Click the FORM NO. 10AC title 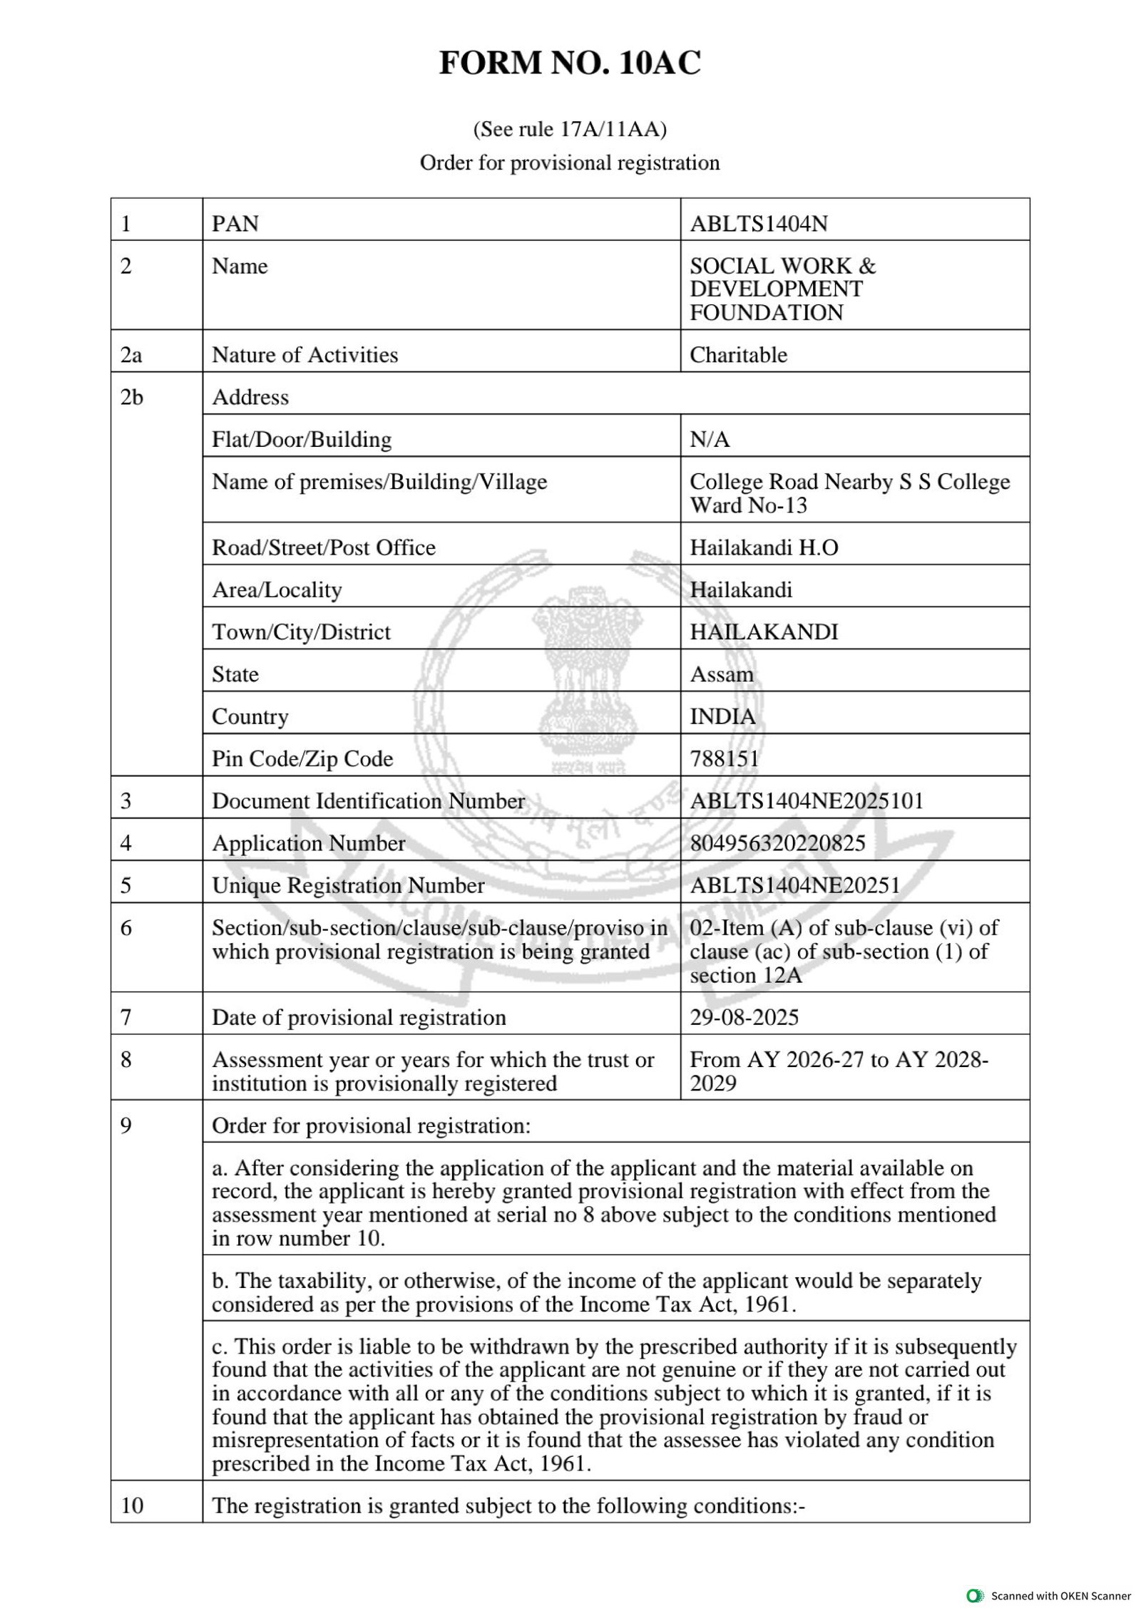pyautogui.click(x=570, y=63)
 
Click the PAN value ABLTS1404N pyautogui.click(x=758, y=224)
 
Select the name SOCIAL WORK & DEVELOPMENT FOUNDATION pyautogui.click(x=782, y=289)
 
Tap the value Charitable pyautogui.click(x=738, y=354)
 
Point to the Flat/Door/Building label pyautogui.click(x=302, y=439)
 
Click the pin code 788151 pyautogui.click(x=724, y=758)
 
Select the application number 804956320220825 pyautogui.click(x=777, y=842)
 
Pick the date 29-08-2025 pyautogui.click(x=744, y=1016)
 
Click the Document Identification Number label pyautogui.click(x=368, y=800)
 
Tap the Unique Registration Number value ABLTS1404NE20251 pyautogui.click(x=794, y=885)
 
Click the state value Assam pyautogui.click(x=721, y=674)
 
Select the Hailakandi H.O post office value pyautogui.click(x=764, y=547)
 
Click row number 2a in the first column pyautogui.click(x=131, y=354)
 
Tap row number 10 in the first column pyautogui.click(x=131, y=1505)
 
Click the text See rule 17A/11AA pyautogui.click(x=570, y=129)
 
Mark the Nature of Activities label pyautogui.click(x=305, y=354)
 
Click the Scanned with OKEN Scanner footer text pyautogui.click(x=1060, y=1596)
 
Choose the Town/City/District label pyautogui.click(x=301, y=632)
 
